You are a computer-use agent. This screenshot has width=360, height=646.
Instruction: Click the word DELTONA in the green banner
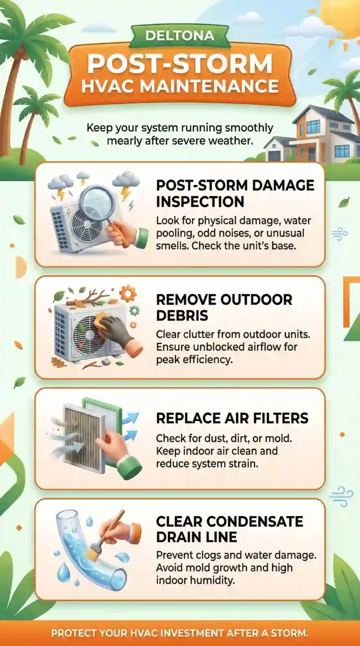pos(180,36)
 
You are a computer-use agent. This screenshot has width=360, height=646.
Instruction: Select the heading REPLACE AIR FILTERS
pos(232,418)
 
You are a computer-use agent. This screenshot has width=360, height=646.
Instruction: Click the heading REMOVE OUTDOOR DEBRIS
pos(224,308)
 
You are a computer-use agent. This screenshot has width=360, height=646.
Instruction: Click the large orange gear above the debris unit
pos(127,293)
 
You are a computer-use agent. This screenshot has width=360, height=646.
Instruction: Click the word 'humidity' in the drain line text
pos(214,580)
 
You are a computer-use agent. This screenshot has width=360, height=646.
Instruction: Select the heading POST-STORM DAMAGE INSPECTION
pos(235,193)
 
